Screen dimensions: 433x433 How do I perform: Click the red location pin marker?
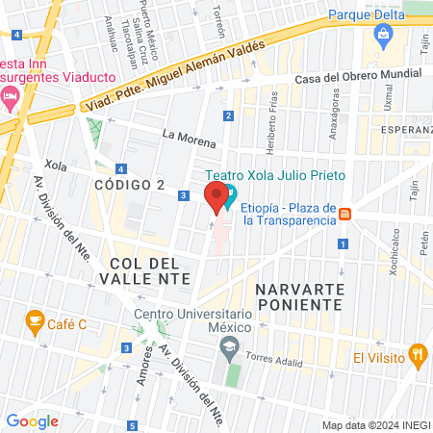point(214,197)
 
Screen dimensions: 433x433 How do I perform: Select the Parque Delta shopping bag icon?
point(384,37)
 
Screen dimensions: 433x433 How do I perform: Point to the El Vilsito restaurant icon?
point(417,354)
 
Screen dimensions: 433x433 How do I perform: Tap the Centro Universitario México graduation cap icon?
point(229,350)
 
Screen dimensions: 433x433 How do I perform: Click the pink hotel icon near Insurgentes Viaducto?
point(11,95)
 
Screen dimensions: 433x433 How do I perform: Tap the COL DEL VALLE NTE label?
point(144,270)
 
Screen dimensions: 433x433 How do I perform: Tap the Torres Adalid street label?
point(275,354)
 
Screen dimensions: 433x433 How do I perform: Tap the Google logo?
point(32,420)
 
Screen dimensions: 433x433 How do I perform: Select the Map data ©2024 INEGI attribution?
point(375,425)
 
